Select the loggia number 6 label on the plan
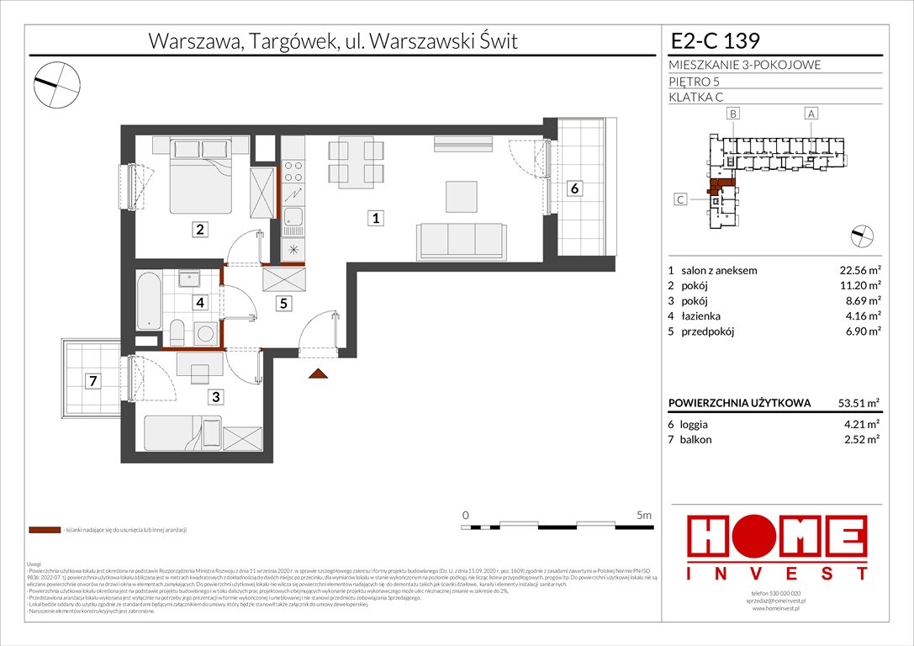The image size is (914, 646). coord(573,188)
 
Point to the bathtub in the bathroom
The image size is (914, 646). coord(149,300)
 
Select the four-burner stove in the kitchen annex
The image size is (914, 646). coord(293,172)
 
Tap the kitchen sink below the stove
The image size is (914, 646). coord(293,220)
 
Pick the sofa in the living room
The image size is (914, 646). coord(462,241)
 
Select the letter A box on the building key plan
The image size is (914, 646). coord(811,113)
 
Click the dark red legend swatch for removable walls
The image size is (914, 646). coord(44,531)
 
